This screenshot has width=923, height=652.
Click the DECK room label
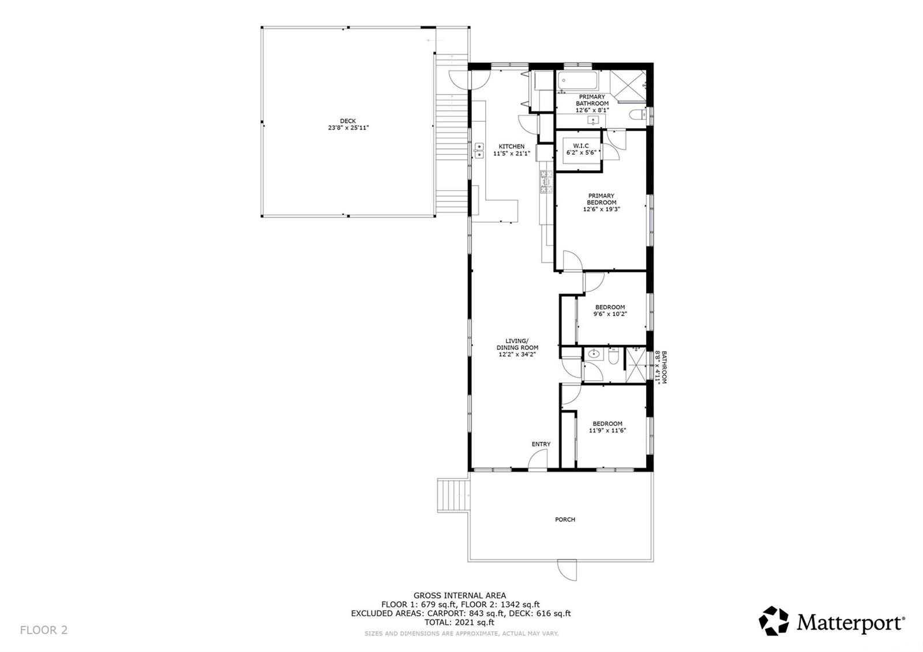[x=348, y=121]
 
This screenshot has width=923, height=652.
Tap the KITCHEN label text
[x=512, y=147]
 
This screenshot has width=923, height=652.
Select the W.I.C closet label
[x=580, y=146]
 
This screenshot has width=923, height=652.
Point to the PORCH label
[x=565, y=520]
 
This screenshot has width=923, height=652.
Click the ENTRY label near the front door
[x=541, y=444]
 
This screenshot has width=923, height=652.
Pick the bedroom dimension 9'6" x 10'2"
[x=610, y=314]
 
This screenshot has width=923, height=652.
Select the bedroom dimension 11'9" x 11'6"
[x=607, y=430]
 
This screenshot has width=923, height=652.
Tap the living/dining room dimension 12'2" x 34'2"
[x=517, y=355]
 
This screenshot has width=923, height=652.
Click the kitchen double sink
[x=479, y=151]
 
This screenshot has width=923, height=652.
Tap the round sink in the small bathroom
[x=594, y=354]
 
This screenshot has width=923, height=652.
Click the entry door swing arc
[x=539, y=460]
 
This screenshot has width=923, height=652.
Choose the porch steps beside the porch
[x=452, y=494]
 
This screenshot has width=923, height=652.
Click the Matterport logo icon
[x=773, y=621]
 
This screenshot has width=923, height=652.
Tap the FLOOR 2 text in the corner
[x=44, y=630]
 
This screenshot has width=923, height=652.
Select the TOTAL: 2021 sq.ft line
[x=460, y=622]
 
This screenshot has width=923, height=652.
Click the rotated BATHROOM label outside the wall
[x=663, y=368]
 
